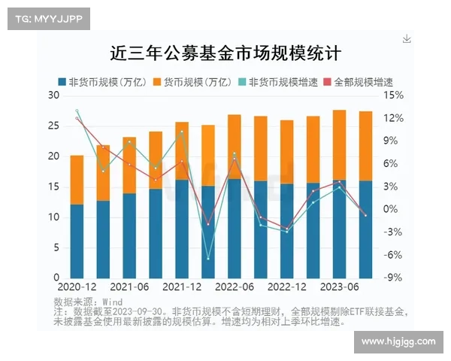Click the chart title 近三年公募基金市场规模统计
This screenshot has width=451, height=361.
click(225, 53)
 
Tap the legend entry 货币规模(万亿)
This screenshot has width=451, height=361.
click(191, 81)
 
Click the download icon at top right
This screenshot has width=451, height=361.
click(407, 38)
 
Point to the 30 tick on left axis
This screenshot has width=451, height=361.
click(53, 96)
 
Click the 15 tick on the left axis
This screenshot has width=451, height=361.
click(53, 187)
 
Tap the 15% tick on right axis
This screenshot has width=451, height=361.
click(393, 96)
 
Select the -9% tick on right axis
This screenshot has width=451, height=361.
click(393, 278)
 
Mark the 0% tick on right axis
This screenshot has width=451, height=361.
click(393, 209)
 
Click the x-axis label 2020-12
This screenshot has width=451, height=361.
click(77, 287)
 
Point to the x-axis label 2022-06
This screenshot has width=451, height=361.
click(235, 287)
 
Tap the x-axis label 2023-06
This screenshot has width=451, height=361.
click(340, 287)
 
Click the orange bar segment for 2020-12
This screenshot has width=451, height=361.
click(77, 179)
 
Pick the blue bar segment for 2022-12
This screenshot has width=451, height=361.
click(287, 230)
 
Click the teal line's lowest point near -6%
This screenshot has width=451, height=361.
click(208, 259)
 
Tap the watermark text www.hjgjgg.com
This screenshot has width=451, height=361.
click(398, 342)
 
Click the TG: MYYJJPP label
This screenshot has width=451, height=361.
click(48, 19)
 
